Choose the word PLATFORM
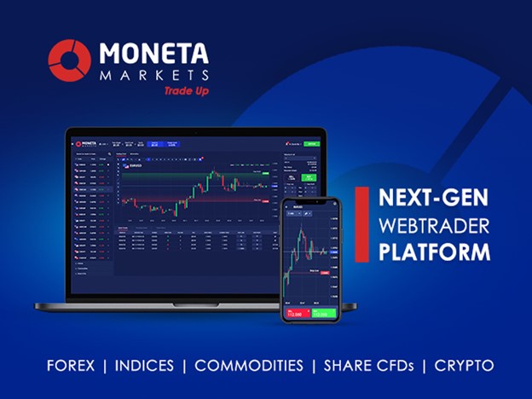[x=435, y=253]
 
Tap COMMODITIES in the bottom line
[x=249, y=366]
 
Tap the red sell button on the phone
[x=296, y=313]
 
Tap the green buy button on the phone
[x=324, y=313]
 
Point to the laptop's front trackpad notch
[x=195, y=304]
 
